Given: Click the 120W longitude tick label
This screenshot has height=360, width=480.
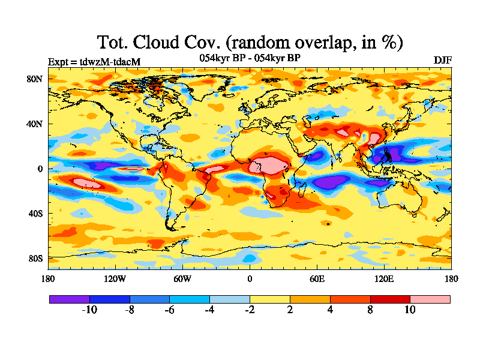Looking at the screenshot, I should (115, 278).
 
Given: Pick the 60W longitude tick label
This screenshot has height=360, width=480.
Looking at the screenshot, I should (182, 278).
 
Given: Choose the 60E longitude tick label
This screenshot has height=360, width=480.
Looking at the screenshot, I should (317, 278).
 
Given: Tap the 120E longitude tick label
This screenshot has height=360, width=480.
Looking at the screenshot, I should (384, 278).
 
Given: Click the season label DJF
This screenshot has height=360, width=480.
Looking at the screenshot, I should (442, 61).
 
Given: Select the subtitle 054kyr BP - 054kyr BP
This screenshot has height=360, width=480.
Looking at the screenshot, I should (250, 58).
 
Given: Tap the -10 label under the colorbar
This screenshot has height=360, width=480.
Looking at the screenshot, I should (89, 310).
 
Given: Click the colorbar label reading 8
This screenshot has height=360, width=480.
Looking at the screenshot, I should (370, 310).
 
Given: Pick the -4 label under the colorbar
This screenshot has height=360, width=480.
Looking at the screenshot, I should (209, 310).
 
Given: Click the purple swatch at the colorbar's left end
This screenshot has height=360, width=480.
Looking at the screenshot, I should (69, 299).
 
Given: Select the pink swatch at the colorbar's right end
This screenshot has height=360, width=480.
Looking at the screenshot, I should (430, 299).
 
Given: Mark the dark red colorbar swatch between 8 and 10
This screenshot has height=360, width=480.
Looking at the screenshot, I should (390, 299).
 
